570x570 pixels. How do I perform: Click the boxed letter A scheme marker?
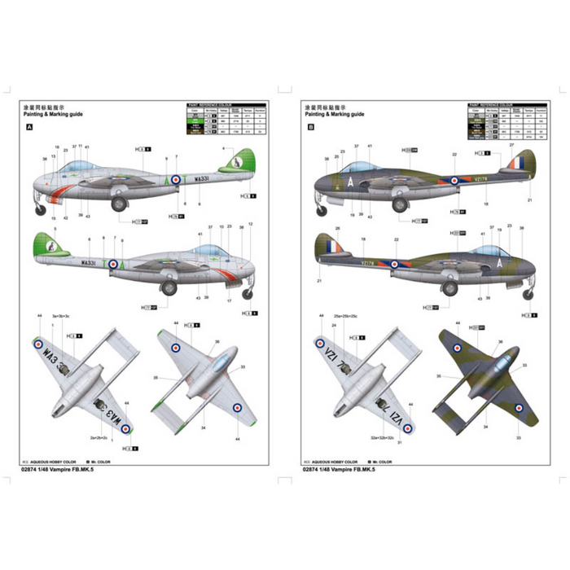(x=30, y=128)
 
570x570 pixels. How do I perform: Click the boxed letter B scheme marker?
(x=309, y=128)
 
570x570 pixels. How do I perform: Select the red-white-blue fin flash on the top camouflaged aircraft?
(x=516, y=165)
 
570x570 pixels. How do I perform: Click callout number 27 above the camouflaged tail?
(x=512, y=145)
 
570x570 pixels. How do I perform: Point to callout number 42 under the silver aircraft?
(x=65, y=218)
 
